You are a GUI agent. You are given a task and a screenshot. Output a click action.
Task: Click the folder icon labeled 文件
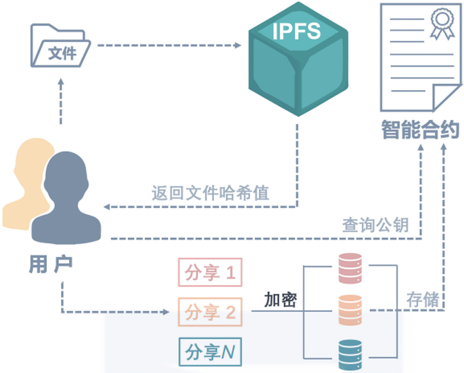tap(61, 46)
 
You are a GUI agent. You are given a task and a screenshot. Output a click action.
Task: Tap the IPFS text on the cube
tap(296, 31)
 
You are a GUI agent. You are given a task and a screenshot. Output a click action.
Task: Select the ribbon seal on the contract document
tap(443, 24)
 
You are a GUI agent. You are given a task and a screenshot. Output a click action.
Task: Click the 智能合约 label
tap(420, 130)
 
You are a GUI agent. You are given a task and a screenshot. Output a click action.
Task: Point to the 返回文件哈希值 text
tap(211, 193)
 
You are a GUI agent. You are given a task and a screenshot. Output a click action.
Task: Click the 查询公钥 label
tap(375, 225)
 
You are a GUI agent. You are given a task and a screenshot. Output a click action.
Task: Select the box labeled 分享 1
tap(210, 272)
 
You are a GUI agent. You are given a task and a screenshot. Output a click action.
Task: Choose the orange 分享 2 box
tap(210, 312)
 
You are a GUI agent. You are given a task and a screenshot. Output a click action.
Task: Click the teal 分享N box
tap(210, 352)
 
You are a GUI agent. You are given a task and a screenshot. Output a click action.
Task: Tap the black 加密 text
tap(280, 300)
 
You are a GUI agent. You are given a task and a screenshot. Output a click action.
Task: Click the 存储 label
tap(422, 300)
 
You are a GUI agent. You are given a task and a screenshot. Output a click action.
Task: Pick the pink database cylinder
tap(350, 268)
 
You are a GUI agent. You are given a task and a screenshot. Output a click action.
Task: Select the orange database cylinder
tap(350, 310)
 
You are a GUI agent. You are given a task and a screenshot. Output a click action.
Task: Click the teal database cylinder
tap(350, 355)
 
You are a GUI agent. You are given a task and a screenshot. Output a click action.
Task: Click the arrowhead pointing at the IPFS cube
tap(238, 45)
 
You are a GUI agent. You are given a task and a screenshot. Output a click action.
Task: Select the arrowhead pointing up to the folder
tap(61, 82)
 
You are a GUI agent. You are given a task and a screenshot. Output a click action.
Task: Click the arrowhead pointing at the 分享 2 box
tap(165, 312)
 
